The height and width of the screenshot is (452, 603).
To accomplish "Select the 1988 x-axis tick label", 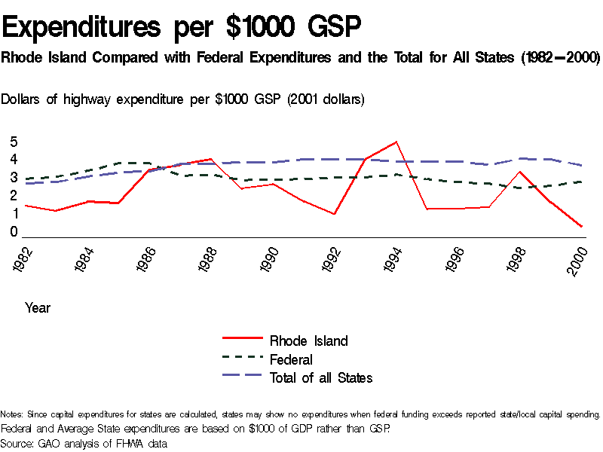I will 210,259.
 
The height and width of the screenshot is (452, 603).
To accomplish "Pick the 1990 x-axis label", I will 272,259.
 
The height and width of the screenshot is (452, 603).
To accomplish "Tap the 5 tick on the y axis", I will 14,142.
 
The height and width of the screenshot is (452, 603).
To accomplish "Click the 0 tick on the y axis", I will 14,232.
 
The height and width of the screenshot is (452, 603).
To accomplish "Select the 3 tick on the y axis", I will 14,178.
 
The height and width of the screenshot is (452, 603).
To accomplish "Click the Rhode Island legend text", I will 308,341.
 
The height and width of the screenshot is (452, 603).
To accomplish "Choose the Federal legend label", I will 291,359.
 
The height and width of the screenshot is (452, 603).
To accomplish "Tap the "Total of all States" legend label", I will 320,378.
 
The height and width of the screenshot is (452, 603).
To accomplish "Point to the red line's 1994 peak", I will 396,142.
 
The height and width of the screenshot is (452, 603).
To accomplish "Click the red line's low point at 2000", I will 581,226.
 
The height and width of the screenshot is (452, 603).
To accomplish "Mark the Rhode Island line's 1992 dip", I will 334,214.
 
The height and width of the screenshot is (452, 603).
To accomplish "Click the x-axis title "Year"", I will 38,307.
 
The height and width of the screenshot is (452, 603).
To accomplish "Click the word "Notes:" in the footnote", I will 13,414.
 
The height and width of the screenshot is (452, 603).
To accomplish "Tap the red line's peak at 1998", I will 519,172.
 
